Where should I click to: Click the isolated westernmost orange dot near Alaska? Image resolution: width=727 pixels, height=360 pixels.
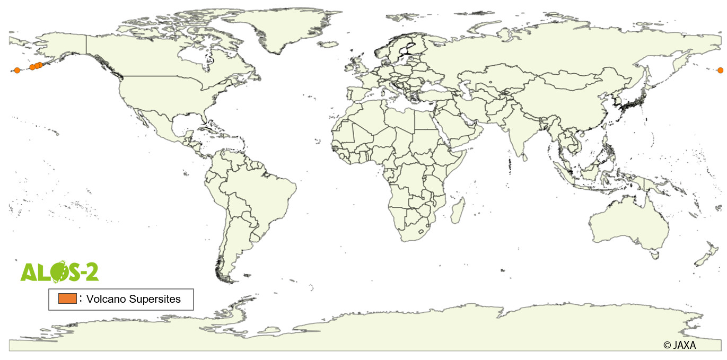[17, 70]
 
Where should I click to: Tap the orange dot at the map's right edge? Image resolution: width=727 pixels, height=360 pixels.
[720, 70]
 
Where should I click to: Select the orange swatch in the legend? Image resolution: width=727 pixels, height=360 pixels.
[68, 298]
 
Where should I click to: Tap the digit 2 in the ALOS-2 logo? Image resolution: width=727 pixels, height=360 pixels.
[91, 272]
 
